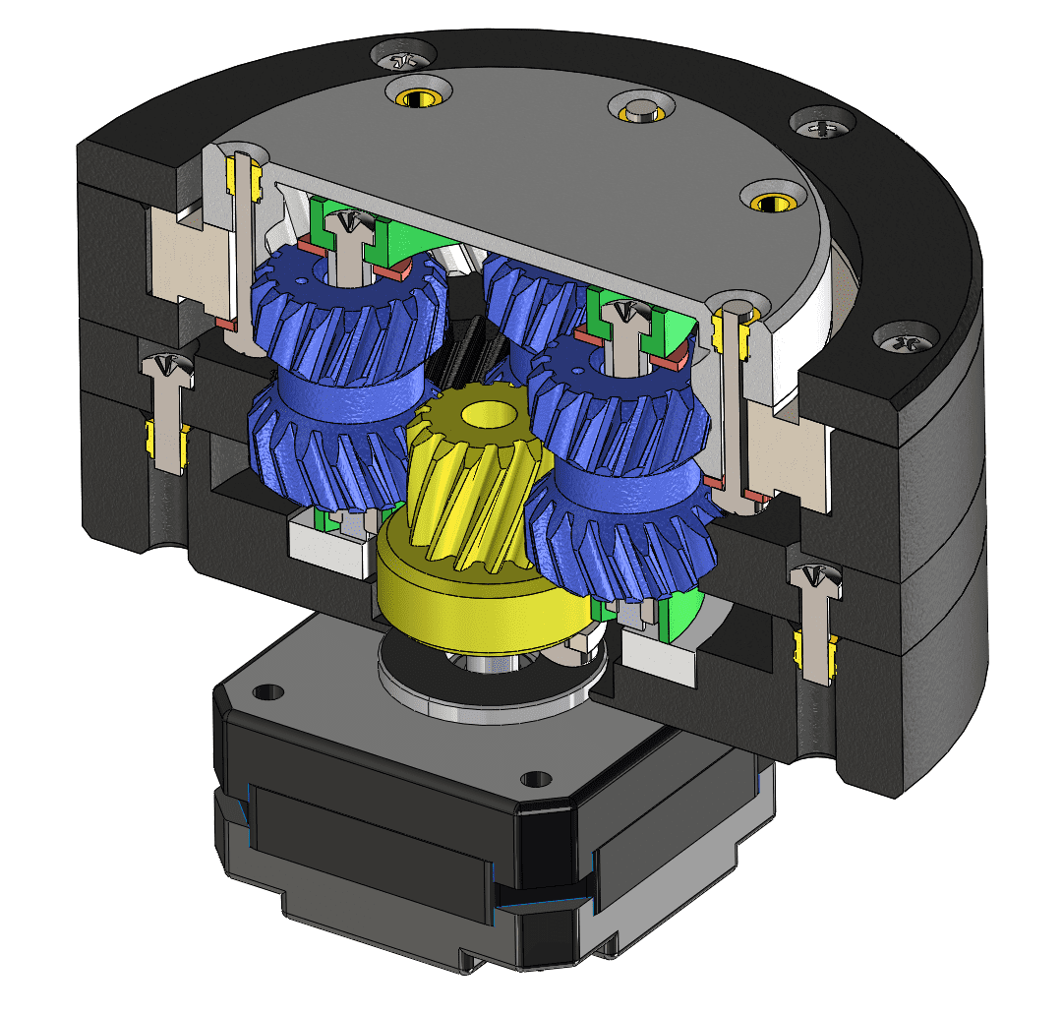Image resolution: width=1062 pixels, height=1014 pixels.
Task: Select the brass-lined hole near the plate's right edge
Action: [x=770, y=201]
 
